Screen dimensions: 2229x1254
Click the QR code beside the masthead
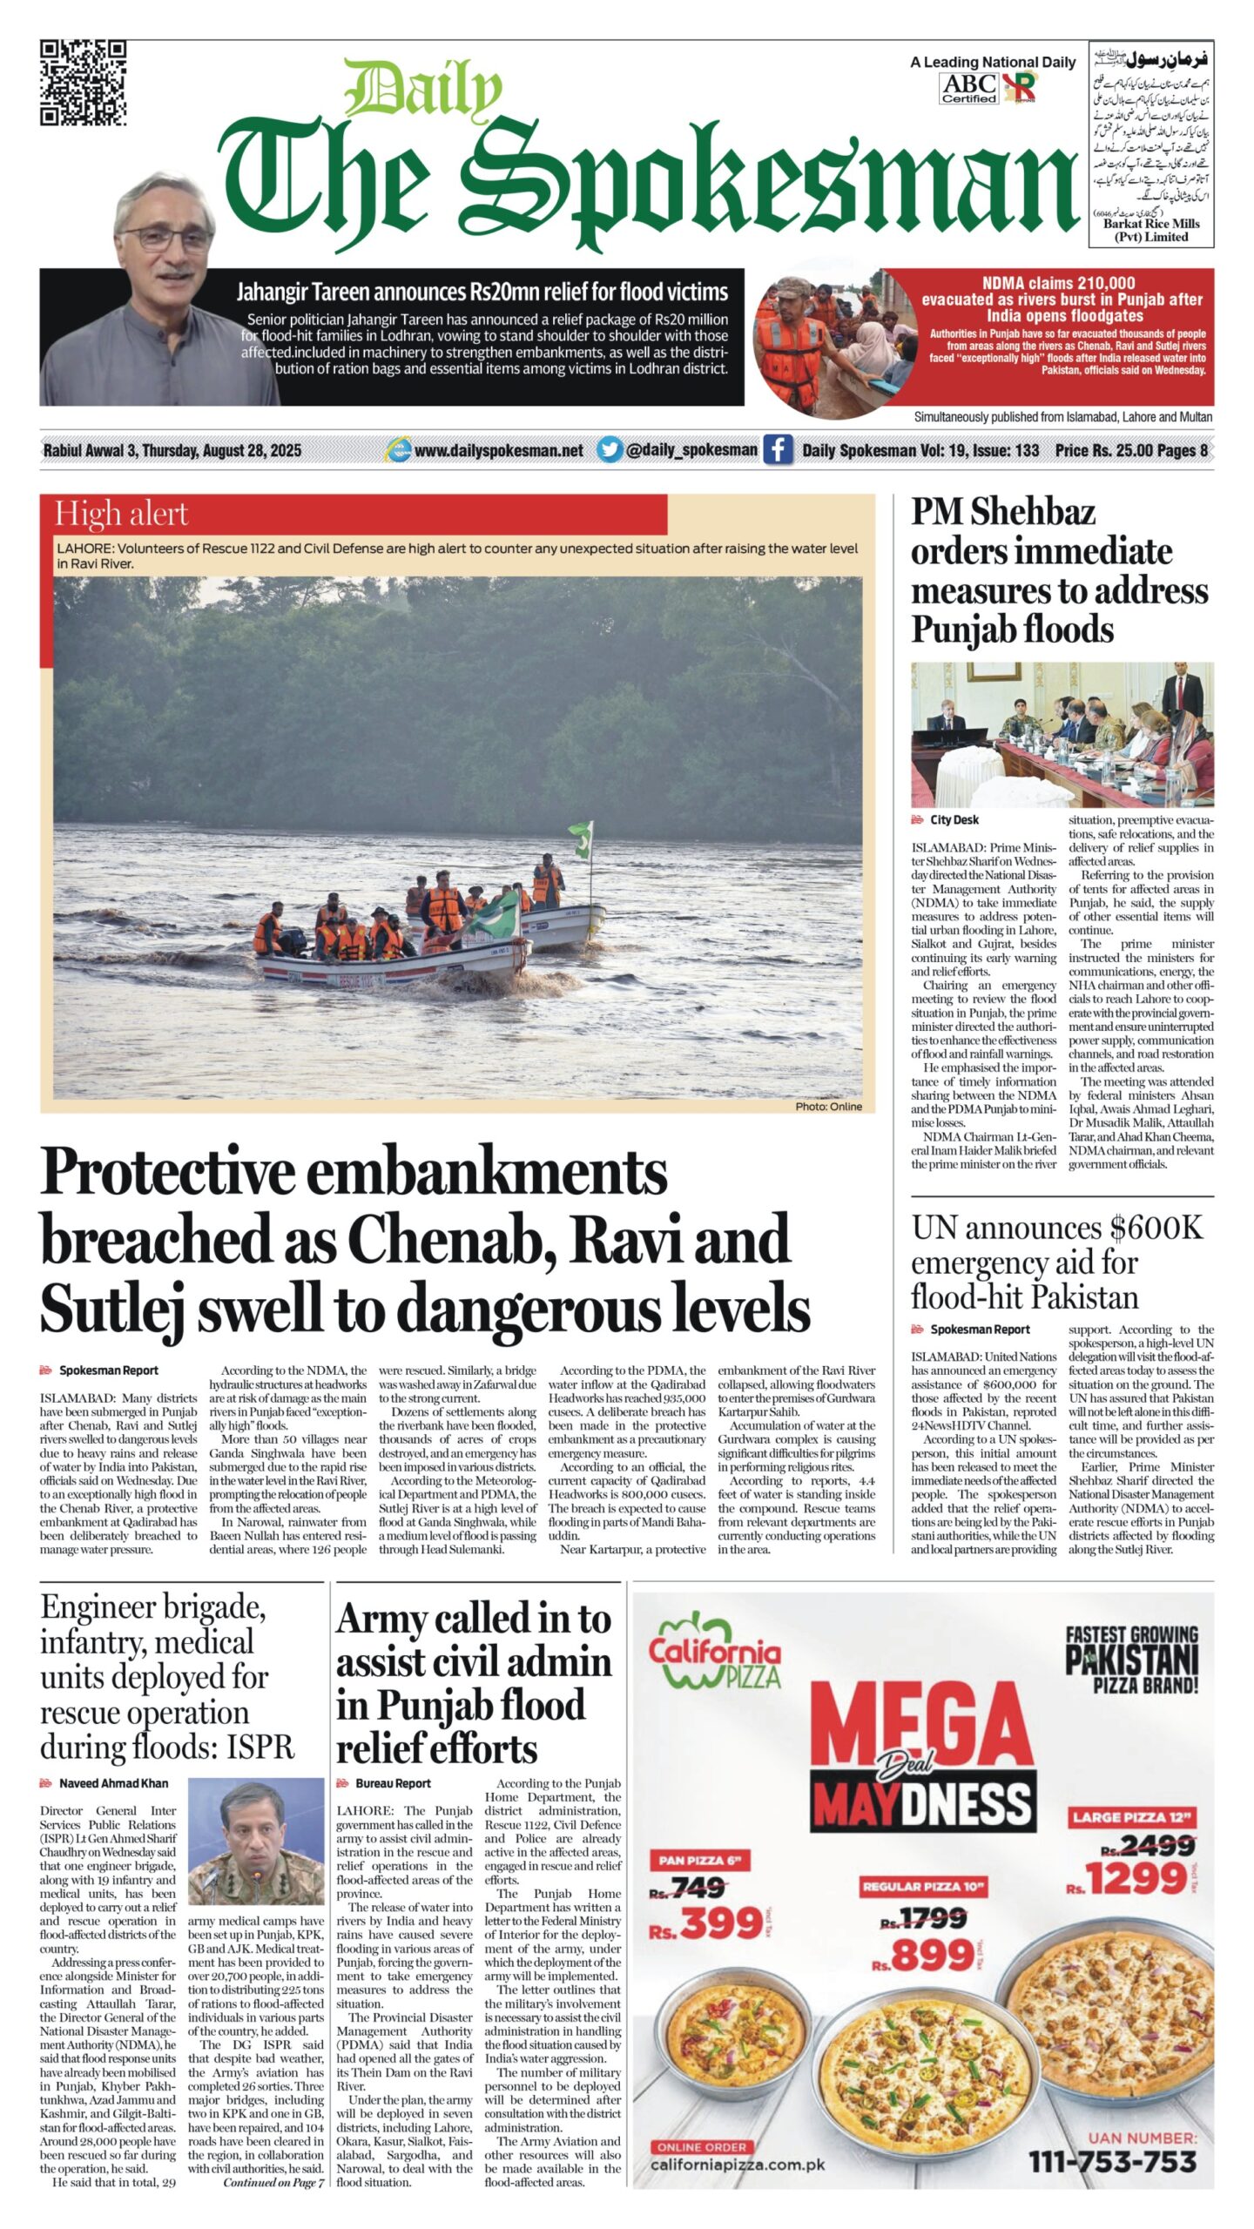[83, 83]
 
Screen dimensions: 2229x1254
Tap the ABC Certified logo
[968, 88]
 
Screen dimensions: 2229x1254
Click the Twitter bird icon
[610, 449]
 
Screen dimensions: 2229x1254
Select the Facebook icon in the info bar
[778, 450]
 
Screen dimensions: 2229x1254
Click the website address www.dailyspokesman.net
[498, 450]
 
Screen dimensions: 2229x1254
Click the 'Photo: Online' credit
[827, 1107]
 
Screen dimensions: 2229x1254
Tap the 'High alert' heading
[121, 515]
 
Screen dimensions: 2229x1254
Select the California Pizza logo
[714, 1655]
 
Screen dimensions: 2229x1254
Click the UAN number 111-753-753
[1112, 2162]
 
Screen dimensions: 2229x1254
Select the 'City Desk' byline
[954, 819]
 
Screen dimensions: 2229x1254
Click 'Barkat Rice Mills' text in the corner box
[1150, 224]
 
